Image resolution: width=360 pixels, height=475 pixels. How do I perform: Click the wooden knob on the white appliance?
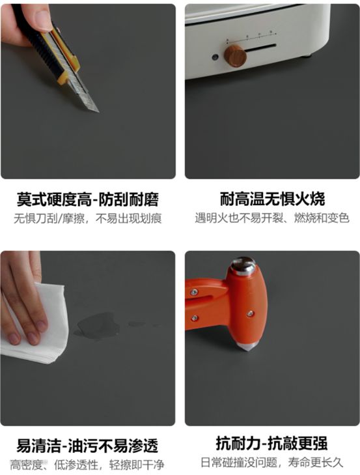[235, 55]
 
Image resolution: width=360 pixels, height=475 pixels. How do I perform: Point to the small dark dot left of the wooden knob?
[215, 57]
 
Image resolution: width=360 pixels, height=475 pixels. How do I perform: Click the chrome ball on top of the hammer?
[243, 266]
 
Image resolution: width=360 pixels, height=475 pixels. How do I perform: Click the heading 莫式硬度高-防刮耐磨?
[87, 199]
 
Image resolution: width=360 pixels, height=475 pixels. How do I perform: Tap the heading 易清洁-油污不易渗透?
[87, 446]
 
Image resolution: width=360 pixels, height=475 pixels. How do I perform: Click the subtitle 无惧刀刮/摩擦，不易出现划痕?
[87, 218]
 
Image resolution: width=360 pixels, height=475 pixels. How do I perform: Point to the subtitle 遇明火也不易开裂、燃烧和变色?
[272, 218]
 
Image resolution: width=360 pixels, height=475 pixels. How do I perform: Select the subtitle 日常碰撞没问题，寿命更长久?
[271, 462]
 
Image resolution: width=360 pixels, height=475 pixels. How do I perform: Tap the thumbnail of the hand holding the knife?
[88, 91]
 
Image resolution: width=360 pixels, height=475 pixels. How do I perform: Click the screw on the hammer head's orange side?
[250, 313]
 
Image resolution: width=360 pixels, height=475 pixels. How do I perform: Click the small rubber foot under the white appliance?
[308, 55]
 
